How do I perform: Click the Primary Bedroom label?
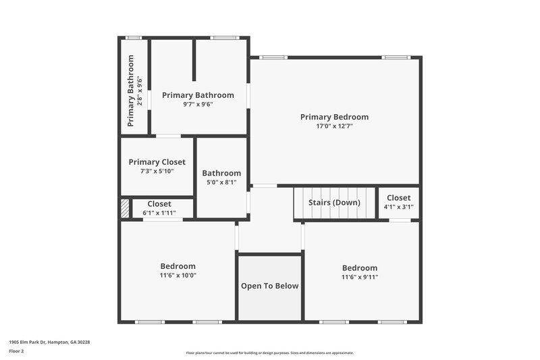(x=334, y=117)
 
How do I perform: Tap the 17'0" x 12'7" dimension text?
(x=334, y=126)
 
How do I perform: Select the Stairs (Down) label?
(x=334, y=203)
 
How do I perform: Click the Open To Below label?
(x=270, y=286)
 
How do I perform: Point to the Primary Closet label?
(x=157, y=162)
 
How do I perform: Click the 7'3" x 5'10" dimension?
(x=157, y=171)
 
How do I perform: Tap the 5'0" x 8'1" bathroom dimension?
(x=221, y=182)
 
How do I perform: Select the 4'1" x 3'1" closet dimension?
(x=398, y=207)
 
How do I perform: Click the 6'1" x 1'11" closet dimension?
(x=159, y=213)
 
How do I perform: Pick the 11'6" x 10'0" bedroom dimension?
(x=178, y=275)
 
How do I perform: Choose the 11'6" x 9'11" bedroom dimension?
(x=360, y=277)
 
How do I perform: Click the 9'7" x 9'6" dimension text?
(x=198, y=104)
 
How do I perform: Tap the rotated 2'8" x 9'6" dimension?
(x=140, y=91)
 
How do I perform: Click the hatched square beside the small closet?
(x=125, y=208)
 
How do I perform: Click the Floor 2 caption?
(x=17, y=351)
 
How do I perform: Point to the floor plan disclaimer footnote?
(x=270, y=353)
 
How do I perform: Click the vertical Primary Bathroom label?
(x=131, y=91)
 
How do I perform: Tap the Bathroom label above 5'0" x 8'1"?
(x=221, y=174)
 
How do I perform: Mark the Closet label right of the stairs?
(x=398, y=198)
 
